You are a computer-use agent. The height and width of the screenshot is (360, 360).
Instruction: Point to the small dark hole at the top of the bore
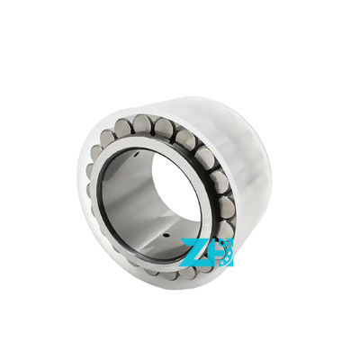point(136,154)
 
